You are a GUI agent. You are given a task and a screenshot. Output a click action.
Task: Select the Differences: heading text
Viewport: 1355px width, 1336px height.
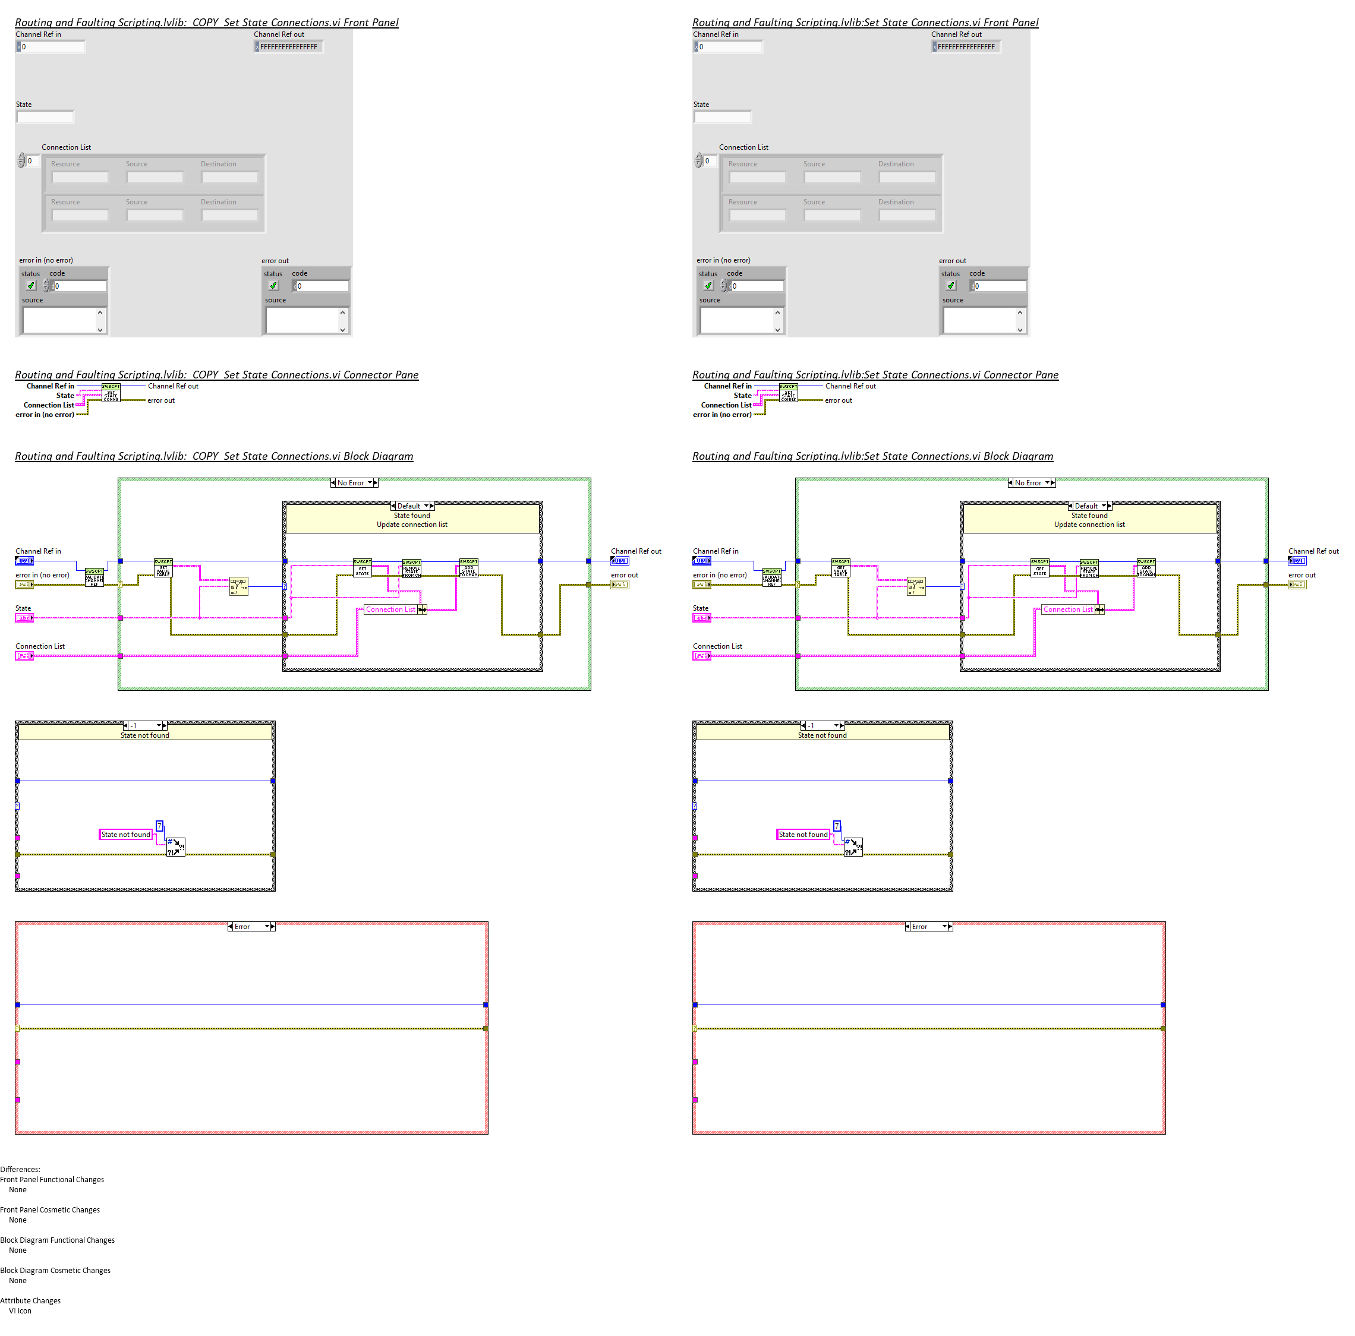click(x=20, y=1168)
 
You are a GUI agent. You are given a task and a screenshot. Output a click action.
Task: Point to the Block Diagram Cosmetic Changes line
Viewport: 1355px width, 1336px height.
click(x=55, y=1269)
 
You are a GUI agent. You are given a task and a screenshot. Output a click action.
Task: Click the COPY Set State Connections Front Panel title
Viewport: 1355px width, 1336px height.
click(x=206, y=23)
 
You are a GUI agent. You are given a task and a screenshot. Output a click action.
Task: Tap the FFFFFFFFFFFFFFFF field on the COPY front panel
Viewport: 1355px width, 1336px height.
click(x=288, y=47)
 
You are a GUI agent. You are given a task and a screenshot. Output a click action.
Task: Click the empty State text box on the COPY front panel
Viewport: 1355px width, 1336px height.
click(x=45, y=117)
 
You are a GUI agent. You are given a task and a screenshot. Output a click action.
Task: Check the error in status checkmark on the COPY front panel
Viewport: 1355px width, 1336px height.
click(x=31, y=286)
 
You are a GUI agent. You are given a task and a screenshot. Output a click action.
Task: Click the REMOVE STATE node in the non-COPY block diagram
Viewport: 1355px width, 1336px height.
click(x=1089, y=568)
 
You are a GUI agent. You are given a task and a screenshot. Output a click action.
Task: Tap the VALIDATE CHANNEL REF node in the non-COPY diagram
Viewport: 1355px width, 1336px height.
click(x=771, y=577)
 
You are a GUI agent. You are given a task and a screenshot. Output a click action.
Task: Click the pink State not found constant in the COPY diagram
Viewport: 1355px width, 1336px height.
click(x=125, y=834)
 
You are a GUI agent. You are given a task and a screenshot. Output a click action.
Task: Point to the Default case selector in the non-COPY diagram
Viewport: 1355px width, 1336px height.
click(x=1089, y=506)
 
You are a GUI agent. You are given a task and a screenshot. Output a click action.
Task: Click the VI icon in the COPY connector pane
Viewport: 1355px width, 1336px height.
click(x=111, y=393)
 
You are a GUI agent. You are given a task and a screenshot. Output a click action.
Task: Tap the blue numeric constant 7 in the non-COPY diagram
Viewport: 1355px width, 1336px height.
click(x=837, y=826)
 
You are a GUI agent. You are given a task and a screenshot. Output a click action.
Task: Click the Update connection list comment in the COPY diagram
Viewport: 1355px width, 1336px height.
click(x=412, y=525)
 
